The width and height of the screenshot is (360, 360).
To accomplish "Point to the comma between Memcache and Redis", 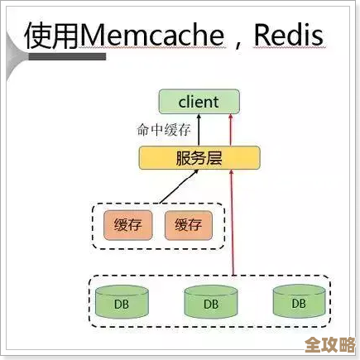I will pyautogui.click(x=237, y=41).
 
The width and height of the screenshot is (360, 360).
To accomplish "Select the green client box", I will pyautogui.click(x=199, y=103).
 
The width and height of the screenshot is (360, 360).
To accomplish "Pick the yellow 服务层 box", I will pyautogui.click(x=199, y=157).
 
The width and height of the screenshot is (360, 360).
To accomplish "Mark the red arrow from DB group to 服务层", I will pyautogui.click(x=234, y=223).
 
